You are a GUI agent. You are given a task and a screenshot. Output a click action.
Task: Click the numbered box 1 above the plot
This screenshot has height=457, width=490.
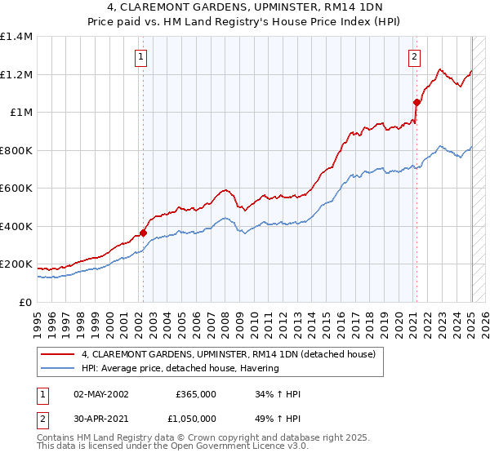[x=142, y=57]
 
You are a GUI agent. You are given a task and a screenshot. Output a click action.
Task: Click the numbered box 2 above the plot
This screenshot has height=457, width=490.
[x=415, y=57]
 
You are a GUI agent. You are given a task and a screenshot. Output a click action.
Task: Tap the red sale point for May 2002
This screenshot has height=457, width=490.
[x=144, y=233]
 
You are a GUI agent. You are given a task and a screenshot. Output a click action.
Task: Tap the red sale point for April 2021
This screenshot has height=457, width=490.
[x=416, y=103]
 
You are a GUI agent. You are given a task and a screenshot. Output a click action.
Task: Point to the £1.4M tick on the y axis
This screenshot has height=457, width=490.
[x=16, y=37]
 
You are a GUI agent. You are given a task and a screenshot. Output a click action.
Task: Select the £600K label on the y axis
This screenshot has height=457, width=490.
[x=16, y=189]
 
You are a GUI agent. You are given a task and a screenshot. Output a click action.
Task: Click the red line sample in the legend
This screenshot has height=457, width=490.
[x=59, y=355]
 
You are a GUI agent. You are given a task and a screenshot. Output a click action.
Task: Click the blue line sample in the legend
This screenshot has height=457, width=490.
[x=59, y=368]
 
